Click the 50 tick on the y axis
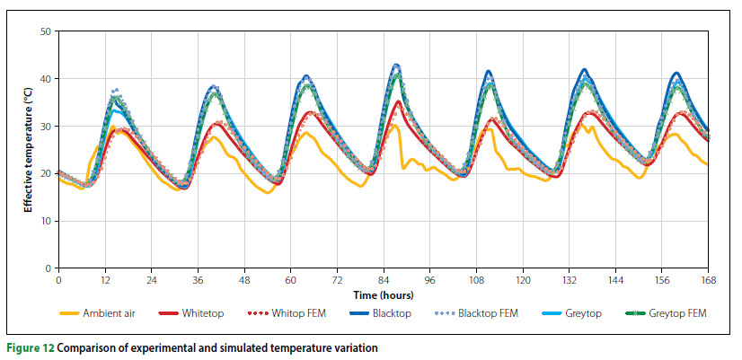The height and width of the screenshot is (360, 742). [45, 31]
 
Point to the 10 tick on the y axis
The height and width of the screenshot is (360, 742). [45, 221]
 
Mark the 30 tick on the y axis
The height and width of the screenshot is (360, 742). [45, 127]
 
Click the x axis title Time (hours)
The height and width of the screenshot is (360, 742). [384, 294]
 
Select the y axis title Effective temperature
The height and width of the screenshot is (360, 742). [28, 150]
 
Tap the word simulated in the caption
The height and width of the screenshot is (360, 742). [214, 347]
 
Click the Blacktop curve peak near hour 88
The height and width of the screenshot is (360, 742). [396, 65]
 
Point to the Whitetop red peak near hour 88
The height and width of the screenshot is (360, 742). [397, 101]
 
